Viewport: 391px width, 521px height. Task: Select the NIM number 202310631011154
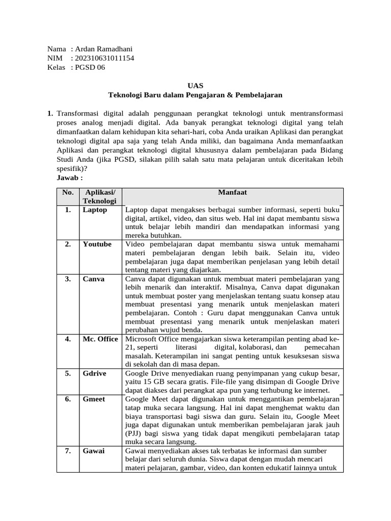(x=104, y=58)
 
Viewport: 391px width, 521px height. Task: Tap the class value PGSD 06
(x=90, y=67)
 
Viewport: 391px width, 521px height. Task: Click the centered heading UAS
(x=195, y=85)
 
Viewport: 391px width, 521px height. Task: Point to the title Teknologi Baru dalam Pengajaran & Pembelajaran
(x=195, y=95)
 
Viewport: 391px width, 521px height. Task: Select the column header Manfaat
(x=232, y=192)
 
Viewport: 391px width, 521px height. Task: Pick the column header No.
(x=68, y=192)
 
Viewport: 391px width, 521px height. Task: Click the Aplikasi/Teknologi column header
(x=100, y=196)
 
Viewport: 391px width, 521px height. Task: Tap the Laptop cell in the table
(x=95, y=210)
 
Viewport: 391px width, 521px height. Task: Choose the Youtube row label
(x=97, y=244)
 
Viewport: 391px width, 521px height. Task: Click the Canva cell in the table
(x=94, y=279)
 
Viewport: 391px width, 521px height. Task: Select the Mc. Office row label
(x=100, y=339)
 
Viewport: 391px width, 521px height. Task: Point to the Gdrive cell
(x=95, y=373)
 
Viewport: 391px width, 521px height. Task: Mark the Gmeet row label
(x=94, y=399)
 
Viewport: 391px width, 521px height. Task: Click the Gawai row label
(x=94, y=451)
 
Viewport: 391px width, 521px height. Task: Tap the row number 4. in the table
(x=68, y=339)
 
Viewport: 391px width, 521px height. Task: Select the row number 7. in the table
(x=68, y=451)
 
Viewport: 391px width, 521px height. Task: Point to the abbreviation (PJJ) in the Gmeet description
(x=133, y=433)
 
